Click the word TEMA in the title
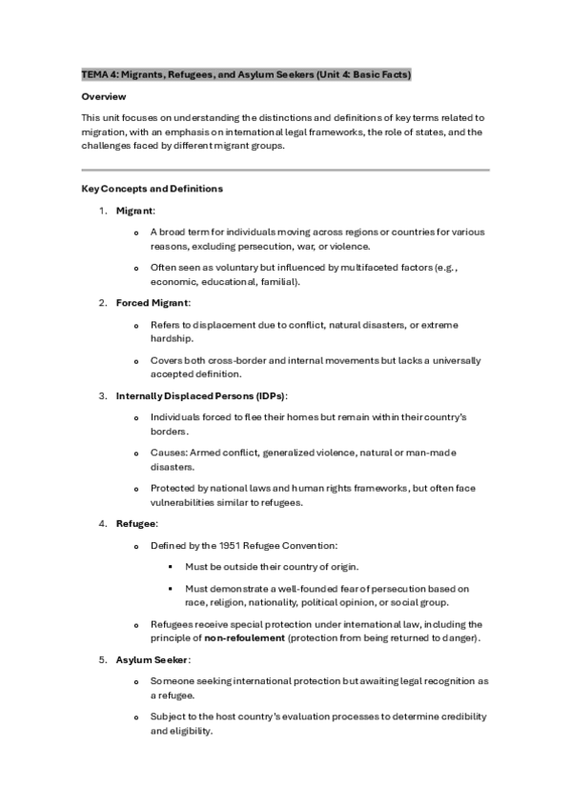pos(94,73)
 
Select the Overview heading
pos(103,97)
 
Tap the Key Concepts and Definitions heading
pos(153,189)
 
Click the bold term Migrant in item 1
pos(135,210)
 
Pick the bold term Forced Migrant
pos(153,302)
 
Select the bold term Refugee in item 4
pos(136,524)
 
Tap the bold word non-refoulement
pos(244,637)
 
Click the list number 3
pos(102,395)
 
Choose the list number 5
pos(102,659)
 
